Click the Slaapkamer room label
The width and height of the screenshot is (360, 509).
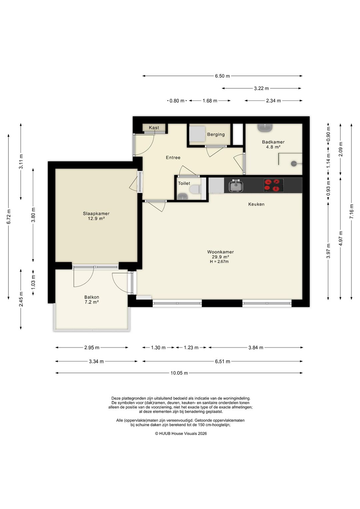click(96, 213)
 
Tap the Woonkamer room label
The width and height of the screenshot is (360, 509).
click(220, 252)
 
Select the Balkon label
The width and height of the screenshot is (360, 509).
click(92, 297)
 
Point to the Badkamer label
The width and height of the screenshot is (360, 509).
click(273, 142)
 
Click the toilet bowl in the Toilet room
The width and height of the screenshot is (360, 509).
click(196, 189)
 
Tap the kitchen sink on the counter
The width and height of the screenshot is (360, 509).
click(236, 186)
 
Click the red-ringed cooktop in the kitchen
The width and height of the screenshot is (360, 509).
click(274, 185)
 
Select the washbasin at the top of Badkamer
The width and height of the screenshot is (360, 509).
click(265, 128)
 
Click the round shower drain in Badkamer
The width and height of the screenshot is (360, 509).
click(294, 163)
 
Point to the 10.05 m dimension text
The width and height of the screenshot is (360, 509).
click(179, 373)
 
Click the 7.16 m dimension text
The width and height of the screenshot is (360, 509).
click(352, 211)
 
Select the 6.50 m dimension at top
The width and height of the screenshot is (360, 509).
click(222, 76)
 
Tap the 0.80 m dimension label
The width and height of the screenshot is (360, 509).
click(177, 101)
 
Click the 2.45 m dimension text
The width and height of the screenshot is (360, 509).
click(21, 299)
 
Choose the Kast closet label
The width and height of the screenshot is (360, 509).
click(154, 128)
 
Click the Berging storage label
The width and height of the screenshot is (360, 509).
click(216, 134)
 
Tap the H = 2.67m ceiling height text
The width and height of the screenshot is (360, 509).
click(219, 262)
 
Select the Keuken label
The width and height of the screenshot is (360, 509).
click(256, 204)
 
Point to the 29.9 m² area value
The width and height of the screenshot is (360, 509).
click(220, 257)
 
